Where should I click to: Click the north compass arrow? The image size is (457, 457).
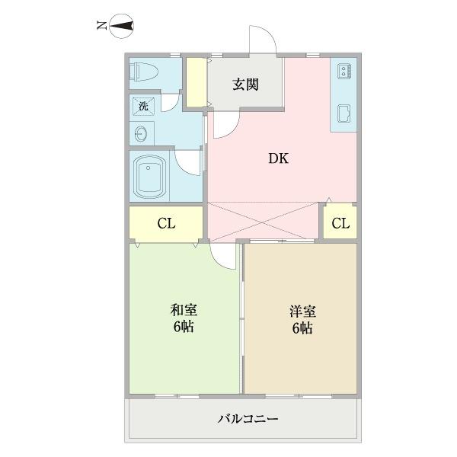pos(119,28)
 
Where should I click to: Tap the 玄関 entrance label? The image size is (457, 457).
pos(245,84)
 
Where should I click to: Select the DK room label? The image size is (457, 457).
pos(277,159)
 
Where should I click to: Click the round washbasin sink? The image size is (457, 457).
pos(142,134)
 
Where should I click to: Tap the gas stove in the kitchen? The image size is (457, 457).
pos(344,72)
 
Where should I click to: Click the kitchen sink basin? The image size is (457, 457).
pos(344,114)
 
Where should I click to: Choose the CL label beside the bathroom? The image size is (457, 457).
pos(166,223)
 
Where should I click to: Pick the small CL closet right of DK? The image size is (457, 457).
pos(340,223)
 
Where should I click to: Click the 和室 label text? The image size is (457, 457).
pos(184,310)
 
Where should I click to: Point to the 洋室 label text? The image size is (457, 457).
pos(302,312)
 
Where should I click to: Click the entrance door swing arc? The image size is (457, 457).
pos(260,38)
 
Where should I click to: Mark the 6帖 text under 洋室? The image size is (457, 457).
pos(302,329)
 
